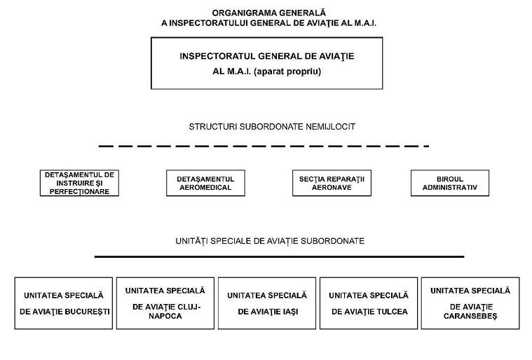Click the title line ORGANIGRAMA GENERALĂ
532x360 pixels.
tap(269, 13)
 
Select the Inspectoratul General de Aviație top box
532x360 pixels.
tap(269, 63)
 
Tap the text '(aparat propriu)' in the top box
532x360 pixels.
tap(291, 71)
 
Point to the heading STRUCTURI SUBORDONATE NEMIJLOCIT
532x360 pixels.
tap(272, 127)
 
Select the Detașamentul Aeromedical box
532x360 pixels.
tap(200, 184)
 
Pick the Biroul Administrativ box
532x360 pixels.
tap(449, 184)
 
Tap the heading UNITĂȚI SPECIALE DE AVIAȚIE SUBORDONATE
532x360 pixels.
tap(270, 240)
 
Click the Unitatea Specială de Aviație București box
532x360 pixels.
tap(63, 303)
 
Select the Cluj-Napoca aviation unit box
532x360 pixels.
tap(165, 303)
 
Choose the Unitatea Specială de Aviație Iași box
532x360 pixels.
tap(267, 303)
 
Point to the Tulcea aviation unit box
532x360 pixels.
tap(369, 303)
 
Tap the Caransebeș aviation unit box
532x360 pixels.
tap(470, 303)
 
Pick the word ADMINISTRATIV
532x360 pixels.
tap(449, 188)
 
